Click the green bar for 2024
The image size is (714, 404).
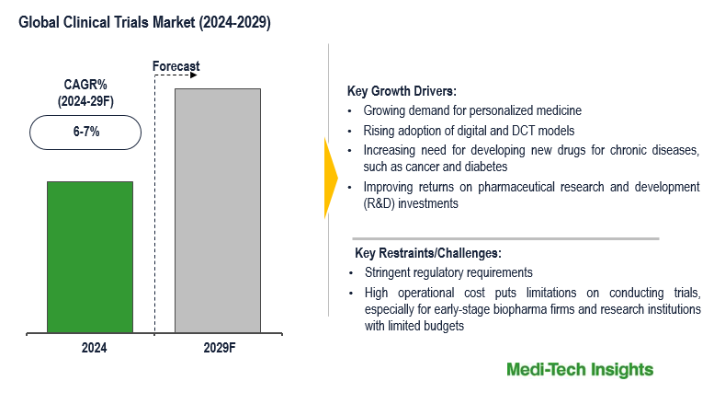point(90,257)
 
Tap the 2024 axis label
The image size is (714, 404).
point(94,348)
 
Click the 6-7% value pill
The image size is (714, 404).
point(85,132)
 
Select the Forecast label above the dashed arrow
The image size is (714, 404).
point(175,66)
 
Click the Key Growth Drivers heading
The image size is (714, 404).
point(401,91)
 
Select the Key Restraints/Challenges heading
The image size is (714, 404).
point(427,253)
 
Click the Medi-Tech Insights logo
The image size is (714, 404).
point(580,370)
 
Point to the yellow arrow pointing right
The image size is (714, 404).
point(331,177)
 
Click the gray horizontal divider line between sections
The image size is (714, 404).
point(504,238)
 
